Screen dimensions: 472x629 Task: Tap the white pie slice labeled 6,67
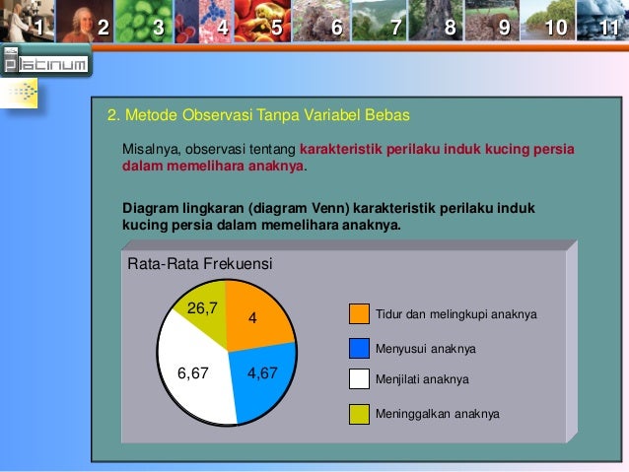(x=193, y=370)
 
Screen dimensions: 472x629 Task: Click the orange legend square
(x=361, y=314)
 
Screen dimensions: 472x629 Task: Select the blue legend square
(x=361, y=347)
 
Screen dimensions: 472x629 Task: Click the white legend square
(x=361, y=378)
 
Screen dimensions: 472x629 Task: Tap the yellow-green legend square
(x=361, y=413)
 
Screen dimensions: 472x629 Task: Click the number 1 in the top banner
(x=39, y=27)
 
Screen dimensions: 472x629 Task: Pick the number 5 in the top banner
(x=276, y=27)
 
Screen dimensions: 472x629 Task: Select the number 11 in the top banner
(x=610, y=27)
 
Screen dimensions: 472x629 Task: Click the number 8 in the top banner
(x=450, y=27)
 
